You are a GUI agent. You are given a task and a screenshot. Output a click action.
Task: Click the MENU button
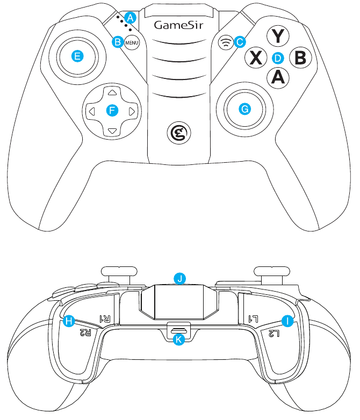click(132, 42)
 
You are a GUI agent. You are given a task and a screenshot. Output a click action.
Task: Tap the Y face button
click(278, 37)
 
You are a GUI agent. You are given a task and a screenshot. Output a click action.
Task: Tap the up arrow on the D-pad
click(112, 91)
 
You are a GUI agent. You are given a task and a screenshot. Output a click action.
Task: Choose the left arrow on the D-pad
click(92, 111)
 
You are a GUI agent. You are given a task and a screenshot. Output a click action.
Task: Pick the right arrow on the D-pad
click(132, 111)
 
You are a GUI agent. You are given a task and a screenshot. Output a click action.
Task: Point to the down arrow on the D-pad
click(112, 131)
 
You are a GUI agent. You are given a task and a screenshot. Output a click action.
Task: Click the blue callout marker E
click(78, 56)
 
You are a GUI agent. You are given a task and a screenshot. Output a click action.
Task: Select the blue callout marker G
click(245, 109)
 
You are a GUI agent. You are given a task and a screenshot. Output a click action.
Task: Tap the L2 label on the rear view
click(275, 334)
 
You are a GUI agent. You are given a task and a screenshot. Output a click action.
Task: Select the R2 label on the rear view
click(86, 332)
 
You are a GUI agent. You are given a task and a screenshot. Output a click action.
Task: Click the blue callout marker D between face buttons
click(277, 57)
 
